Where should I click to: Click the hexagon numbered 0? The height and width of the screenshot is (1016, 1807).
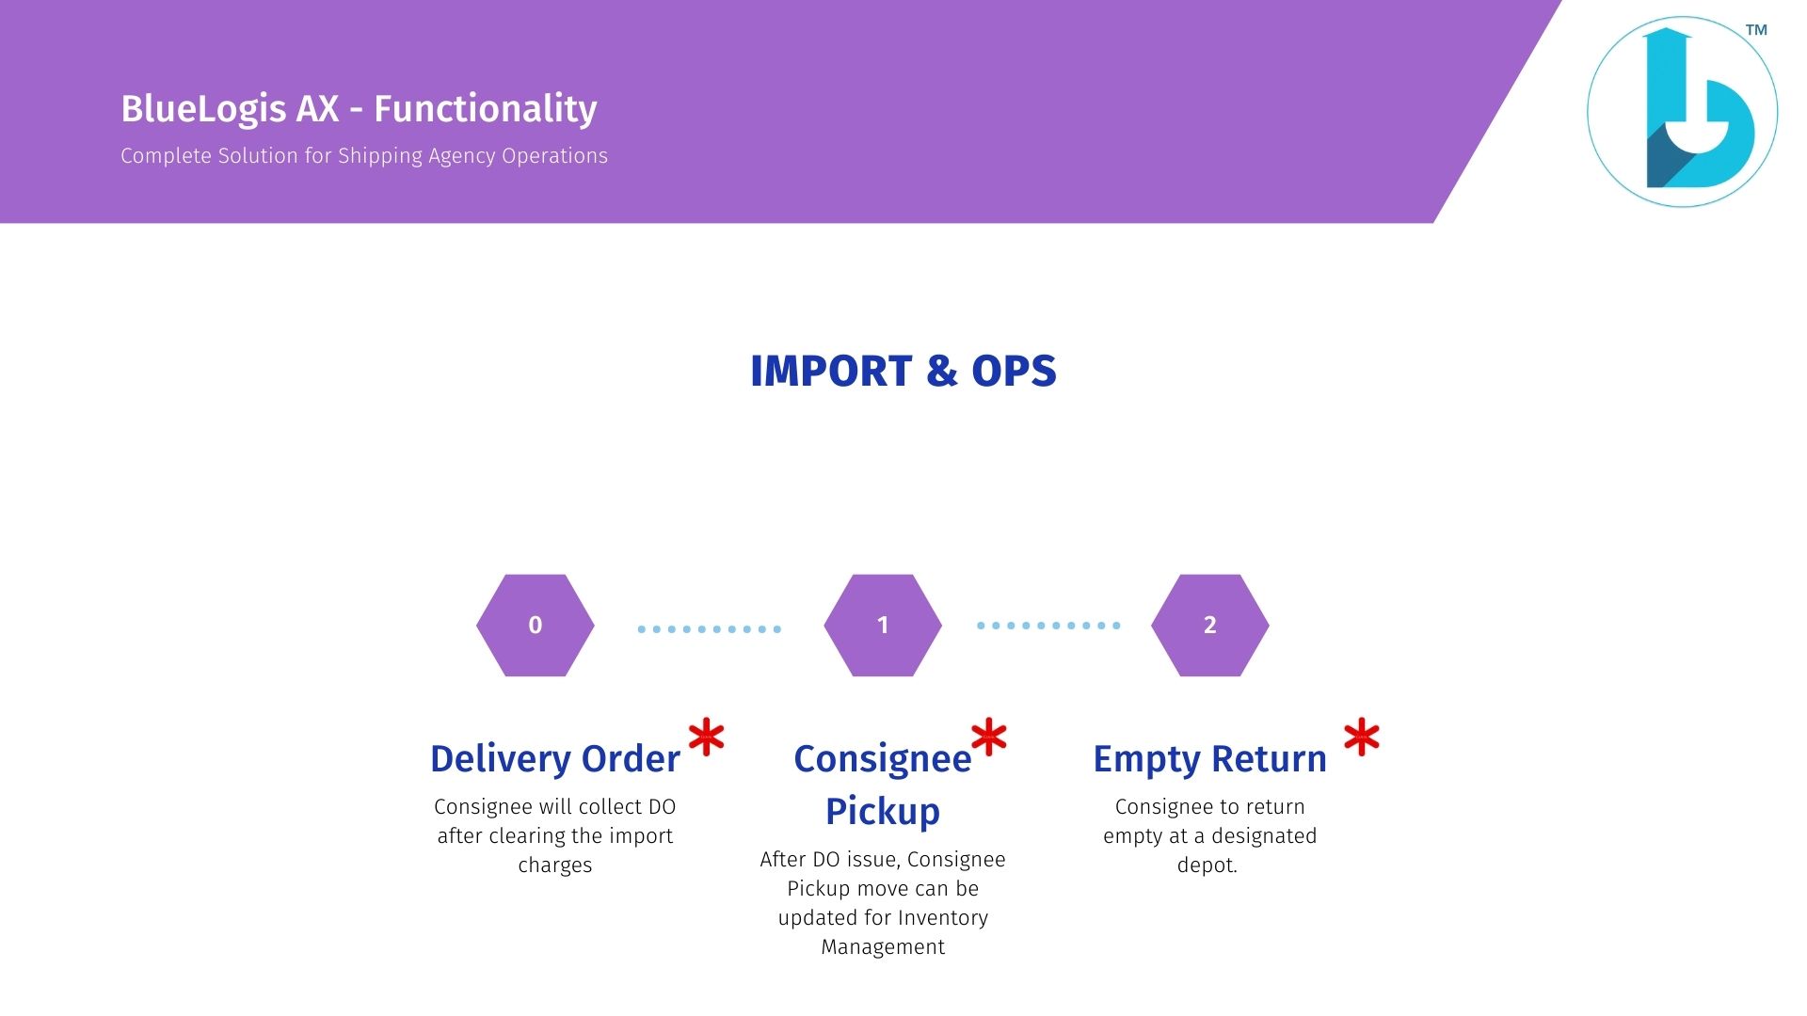pos(536,626)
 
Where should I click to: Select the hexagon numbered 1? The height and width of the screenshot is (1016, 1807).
pos(883,626)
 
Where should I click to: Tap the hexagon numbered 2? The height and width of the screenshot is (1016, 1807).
pos(1210,626)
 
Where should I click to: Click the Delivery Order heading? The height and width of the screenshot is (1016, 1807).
pos(555,758)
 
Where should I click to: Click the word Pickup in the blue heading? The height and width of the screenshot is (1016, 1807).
pos(883,812)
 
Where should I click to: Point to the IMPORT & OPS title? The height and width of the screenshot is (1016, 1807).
pos(903,371)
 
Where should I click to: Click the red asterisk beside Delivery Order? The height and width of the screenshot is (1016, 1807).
pos(707,738)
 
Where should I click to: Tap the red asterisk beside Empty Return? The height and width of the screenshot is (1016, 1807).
pos(1362,738)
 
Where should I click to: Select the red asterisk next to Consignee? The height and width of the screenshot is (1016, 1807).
pos(989,738)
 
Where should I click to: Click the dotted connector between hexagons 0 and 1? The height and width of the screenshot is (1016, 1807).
pos(710,629)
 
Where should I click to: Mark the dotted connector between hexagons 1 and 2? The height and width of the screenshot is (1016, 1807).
pos(1048,626)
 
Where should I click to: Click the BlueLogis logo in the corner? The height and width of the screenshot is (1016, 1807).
pos(1683,112)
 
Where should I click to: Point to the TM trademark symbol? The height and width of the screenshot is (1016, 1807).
pos(1756,30)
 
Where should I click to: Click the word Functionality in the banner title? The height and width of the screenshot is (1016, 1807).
pos(486,109)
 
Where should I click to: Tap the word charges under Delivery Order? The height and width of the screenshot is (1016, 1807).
pos(555,866)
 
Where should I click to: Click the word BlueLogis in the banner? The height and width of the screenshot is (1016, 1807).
pos(203,109)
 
